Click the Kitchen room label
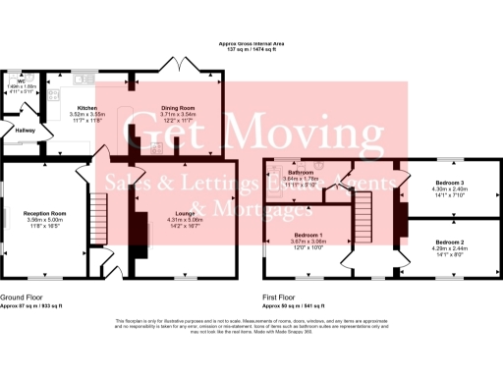[87, 108]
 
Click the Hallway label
[25, 130]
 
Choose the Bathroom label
[301, 172]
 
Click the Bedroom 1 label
[309, 235]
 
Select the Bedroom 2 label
[451, 242]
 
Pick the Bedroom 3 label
[451, 183]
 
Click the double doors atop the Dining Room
[186, 72]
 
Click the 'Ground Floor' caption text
[21, 296]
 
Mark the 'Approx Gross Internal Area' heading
[251, 44]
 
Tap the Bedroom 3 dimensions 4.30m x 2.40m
[451, 189]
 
